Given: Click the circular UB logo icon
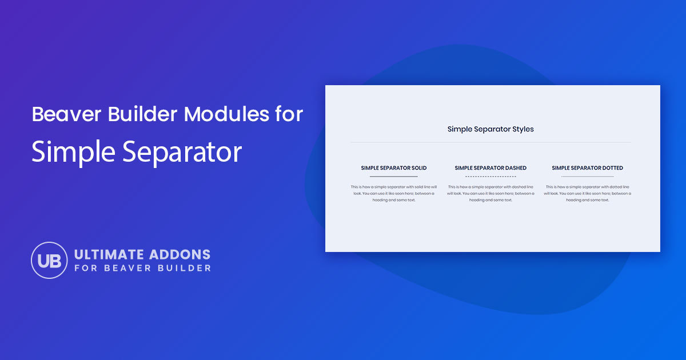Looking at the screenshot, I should (x=49, y=260).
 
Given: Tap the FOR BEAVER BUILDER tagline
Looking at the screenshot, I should (x=142, y=268).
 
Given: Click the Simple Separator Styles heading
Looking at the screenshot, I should (x=490, y=129).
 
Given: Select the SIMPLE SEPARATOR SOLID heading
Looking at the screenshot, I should (x=393, y=168).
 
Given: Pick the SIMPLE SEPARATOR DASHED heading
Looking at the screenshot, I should (x=490, y=168).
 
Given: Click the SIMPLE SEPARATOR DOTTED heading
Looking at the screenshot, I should (x=587, y=168).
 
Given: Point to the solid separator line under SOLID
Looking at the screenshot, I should (x=393, y=177).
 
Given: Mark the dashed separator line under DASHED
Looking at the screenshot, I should (x=490, y=177).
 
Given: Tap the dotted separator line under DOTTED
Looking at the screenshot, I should (x=587, y=177).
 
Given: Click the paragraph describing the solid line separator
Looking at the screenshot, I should (x=393, y=193).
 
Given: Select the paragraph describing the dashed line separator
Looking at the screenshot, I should (x=490, y=193).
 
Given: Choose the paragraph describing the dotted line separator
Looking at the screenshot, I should (x=587, y=193).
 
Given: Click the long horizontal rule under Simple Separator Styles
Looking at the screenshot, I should (x=490, y=142).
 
